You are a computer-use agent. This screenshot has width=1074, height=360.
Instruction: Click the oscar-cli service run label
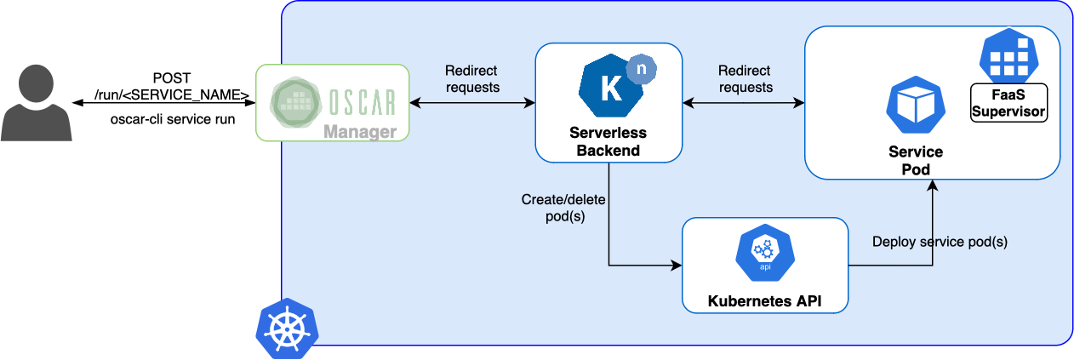click(x=173, y=119)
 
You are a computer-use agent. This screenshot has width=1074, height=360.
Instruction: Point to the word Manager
click(x=359, y=132)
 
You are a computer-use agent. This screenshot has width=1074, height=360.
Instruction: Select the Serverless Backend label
click(x=608, y=142)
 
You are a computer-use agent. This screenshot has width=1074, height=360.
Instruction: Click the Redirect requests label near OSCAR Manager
click(x=472, y=78)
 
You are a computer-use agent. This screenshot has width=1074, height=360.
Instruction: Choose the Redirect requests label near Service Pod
click(x=745, y=78)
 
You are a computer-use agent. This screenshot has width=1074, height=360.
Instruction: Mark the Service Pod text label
click(x=916, y=160)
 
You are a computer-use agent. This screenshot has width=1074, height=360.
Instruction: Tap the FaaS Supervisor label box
click(x=1008, y=103)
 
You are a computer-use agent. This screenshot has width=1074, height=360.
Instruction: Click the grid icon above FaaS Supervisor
click(x=1009, y=55)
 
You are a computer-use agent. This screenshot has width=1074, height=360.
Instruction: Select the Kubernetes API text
click(x=765, y=300)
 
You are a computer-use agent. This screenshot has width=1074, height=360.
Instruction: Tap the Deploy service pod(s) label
click(x=940, y=242)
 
